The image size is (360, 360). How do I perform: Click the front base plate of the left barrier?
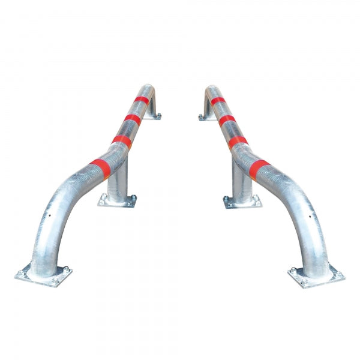coord(43,275)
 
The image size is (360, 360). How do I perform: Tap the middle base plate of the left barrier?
coord(118,201)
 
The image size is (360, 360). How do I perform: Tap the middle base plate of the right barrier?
coord(242,201)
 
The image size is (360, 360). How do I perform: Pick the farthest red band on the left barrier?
coord(141,99)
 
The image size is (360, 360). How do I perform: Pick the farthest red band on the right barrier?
coord(218,100)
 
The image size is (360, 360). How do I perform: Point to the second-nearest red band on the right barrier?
coord(239,140)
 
